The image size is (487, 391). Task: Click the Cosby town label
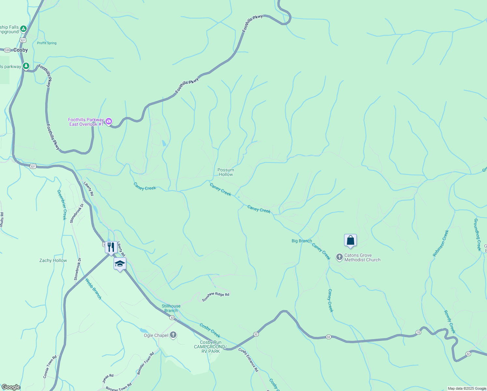point(21,50)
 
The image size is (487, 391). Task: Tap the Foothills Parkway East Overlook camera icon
point(109,122)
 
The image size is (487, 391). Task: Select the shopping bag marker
point(350,240)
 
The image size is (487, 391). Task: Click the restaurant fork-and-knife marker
point(111,247)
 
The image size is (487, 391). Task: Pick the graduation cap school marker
point(120,264)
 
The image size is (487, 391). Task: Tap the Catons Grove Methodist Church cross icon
point(339,257)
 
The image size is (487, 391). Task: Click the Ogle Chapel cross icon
point(173,335)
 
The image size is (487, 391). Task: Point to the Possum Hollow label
point(226,172)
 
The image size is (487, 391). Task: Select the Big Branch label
point(301,241)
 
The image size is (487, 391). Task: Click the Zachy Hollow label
point(53,260)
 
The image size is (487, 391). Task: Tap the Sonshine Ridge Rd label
point(216,297)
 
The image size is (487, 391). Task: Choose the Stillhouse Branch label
point(171,308)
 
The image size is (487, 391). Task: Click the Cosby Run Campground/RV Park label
point(210,347)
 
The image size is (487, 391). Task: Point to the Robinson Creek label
point(441,243)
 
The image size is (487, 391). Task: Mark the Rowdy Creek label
point(450,322)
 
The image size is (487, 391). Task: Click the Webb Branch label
point(93,288)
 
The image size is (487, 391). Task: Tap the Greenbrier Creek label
point(62,205)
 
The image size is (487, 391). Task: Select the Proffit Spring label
point(47,43)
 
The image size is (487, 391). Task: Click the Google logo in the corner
point(11,387)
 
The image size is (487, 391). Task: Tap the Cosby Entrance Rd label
point(248,360)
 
